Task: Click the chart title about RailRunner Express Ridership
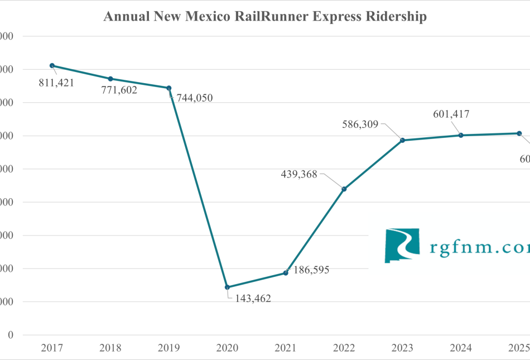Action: [x=265, y=16]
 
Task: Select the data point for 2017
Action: [x=52, y=65]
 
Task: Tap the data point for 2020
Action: [x=227, y=287]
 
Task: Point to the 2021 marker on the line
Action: [x=286, y=273]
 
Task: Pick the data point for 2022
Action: [x=344, y=189]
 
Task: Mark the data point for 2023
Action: [x=402, y=140]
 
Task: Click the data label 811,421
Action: [x=56, y=83]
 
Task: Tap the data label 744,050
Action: [x=194, y=98]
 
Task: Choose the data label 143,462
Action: [x=252, y=299]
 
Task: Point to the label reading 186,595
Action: [x=311, y=270]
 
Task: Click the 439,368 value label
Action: [x=298, y=174]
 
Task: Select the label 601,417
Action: [x=451, y=114]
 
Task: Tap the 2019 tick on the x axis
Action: [x=168, y=348]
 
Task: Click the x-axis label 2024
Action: [x=461, y=348]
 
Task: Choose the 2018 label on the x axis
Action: [x=110, y=348]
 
